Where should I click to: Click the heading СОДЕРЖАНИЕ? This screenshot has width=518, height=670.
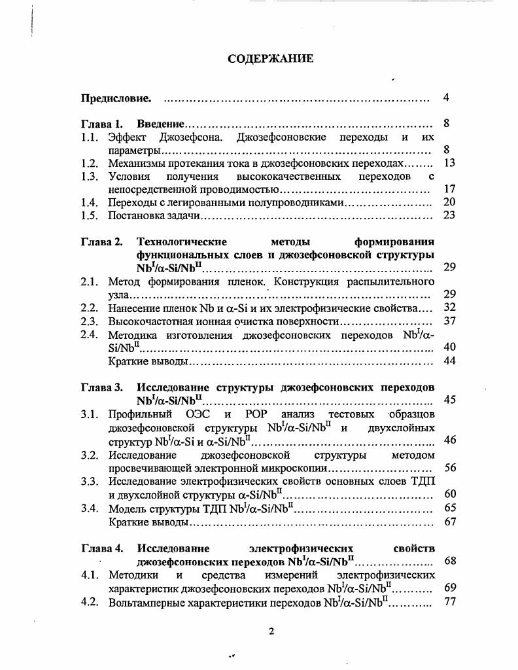(270, 59)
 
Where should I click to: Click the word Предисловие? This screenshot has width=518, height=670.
(116, 99)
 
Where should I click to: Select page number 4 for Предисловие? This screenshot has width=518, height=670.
(446, 98)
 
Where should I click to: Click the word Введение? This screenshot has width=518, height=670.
(160, 124)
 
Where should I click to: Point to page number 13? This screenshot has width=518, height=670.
(449, 164)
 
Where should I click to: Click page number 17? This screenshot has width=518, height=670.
(449, 189)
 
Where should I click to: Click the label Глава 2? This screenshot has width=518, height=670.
(101, 241)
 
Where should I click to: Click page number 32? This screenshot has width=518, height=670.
(449, 307)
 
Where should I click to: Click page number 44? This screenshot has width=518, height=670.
(449, 361)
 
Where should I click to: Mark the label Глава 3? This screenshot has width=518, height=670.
(101, 387)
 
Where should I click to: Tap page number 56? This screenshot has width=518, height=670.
(449, 467)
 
